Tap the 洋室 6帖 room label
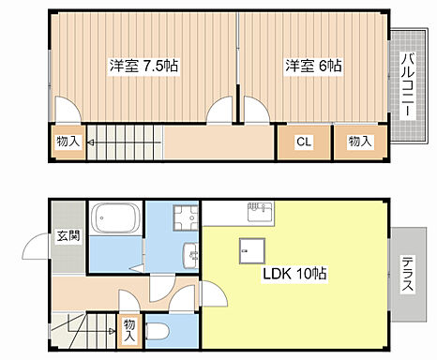pos(312,67)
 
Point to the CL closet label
pos(303,142)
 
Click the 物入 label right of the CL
pos(361,142)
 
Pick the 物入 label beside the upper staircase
pos(68,142)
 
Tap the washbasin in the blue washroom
pos(189,253)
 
